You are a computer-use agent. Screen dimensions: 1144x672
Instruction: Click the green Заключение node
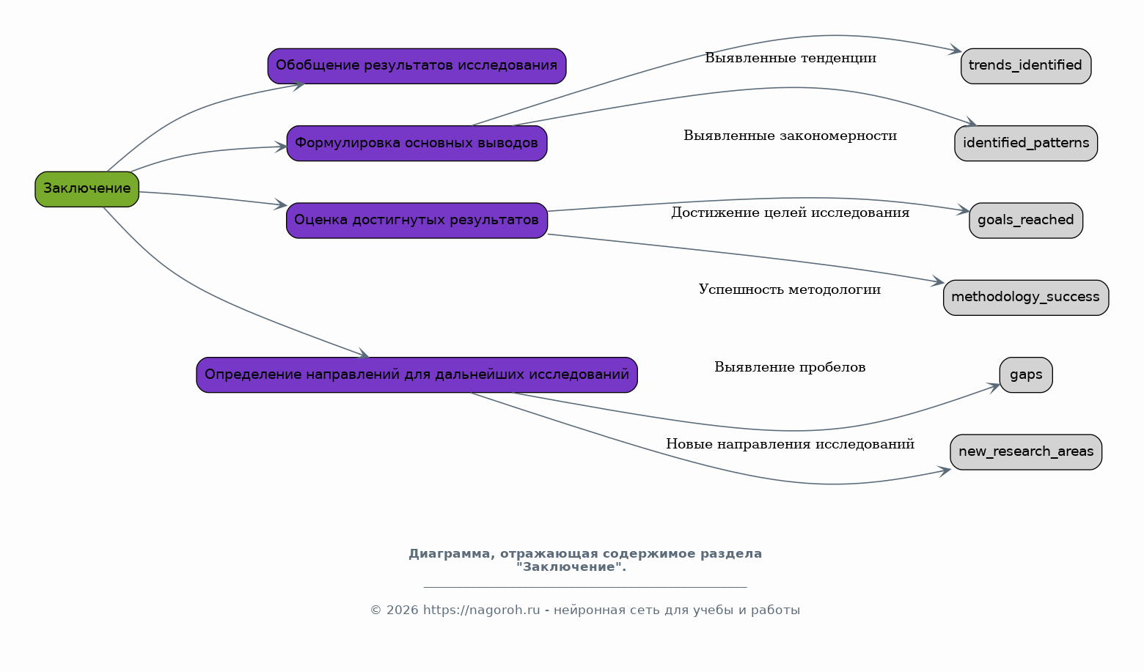pos(87,189)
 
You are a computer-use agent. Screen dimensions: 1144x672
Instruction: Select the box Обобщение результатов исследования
pos(417,66)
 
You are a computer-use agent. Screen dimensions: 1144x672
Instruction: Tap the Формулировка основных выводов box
pos(417,143)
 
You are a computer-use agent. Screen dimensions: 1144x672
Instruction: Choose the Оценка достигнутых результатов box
pos(417,220)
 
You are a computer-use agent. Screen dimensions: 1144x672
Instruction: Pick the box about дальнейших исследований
pos(417,374)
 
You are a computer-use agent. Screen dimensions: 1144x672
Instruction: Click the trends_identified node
pos(1025,66)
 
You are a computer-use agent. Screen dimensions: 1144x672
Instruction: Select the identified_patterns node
pos(1025,143)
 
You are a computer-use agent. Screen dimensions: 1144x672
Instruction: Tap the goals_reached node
pos(1025,220)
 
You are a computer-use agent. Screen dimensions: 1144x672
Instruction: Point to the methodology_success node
pos(1025,298)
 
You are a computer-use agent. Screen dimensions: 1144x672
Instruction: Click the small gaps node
pos(1025,374)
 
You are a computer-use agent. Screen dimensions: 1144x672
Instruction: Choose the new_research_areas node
pos(1025,451)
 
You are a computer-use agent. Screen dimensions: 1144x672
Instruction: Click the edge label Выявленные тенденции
pos(790,58)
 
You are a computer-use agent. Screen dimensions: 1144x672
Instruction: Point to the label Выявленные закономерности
pos(790,136)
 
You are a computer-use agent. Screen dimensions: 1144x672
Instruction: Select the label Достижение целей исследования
pos(790,213)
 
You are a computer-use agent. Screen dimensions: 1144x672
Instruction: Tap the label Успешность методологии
pos(790,289)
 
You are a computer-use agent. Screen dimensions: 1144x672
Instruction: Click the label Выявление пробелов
pos(790,367)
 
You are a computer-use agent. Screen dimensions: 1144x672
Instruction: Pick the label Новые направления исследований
pos(790,444)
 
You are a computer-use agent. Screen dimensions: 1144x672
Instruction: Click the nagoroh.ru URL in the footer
pos(481,610)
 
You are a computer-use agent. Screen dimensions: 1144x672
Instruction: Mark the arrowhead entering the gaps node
pos(994,388)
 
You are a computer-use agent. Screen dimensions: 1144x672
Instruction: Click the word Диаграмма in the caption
pos(452,553)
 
